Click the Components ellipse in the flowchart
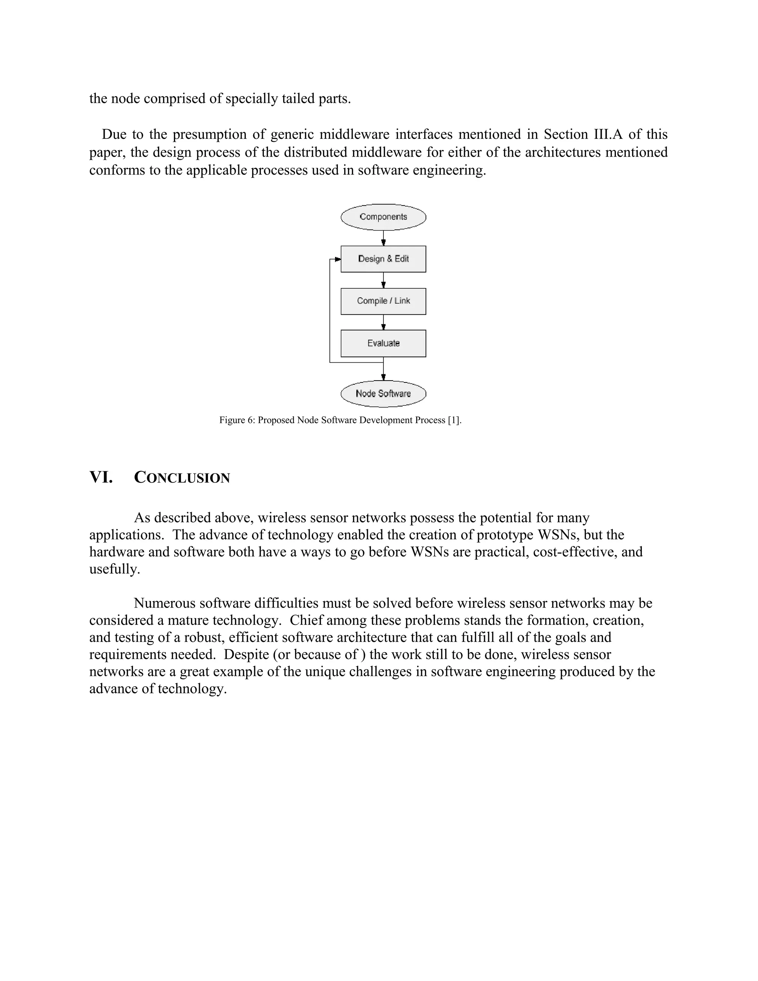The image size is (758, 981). click(x=383, y=217)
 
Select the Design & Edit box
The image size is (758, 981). click(x=383, y=259)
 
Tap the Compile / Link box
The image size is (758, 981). click(x=383, y=301)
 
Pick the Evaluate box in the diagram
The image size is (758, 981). click(x=383, y=343)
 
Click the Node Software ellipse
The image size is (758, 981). click(x=383, y=394)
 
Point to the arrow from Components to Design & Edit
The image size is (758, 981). click(x=383, y=238)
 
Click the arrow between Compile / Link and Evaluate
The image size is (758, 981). click(x=383, y=322)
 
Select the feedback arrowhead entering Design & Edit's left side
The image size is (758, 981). click(x=337, y=259)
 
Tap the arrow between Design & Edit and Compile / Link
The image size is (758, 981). click(x=383, y=280)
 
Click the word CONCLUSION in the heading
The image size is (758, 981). click(x=182, y=478)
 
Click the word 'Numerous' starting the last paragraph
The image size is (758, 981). click(x=164, y=603)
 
